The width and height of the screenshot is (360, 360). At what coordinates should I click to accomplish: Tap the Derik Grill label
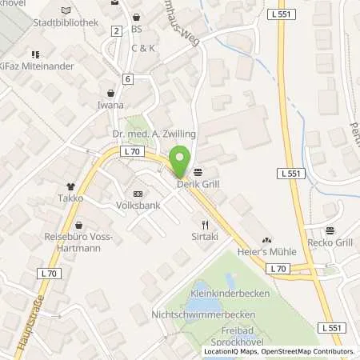[194, 182]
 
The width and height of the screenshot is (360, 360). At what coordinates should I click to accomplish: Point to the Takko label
[70, 197]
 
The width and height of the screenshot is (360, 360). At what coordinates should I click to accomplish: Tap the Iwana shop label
[110, 104]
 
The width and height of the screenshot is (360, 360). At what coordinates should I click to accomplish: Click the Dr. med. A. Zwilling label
[156, 134]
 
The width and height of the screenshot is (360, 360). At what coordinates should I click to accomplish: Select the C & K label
[144, 48]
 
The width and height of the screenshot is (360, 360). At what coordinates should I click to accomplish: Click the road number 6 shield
[127, 78]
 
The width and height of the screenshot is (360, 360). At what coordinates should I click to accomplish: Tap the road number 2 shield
[117, 30]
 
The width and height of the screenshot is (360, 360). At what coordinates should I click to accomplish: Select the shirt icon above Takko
[70, 183]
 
